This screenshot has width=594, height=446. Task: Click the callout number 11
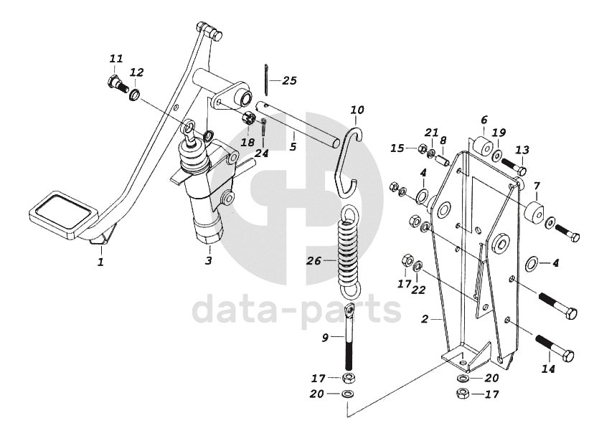[116, 59]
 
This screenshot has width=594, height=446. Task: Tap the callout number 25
[289, 80]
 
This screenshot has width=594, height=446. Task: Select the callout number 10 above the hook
[357, 110]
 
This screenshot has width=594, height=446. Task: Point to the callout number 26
[314, 261]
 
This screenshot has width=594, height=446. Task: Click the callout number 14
[548, 369]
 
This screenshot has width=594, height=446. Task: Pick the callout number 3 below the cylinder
[209, 260]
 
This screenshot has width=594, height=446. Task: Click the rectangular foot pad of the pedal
[63, 214]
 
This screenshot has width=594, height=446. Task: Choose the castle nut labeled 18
[247, 120]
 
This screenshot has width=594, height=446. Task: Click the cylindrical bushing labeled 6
[482, 146]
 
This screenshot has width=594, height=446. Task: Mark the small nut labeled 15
[422, 149]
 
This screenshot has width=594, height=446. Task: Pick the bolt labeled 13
[514, 166]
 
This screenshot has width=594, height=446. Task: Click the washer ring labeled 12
[135, 94]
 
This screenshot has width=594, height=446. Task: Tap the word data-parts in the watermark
[296, 310]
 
